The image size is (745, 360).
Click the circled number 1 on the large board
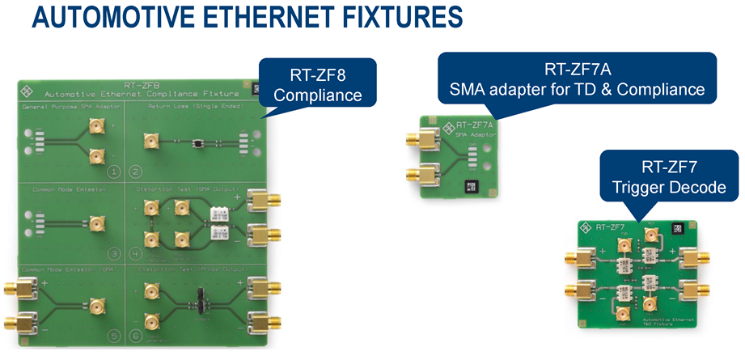click(x=114, y=171)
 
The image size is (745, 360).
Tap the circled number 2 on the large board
click(x=136, y=171)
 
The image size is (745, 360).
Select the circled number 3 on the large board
click(x=114, y=252)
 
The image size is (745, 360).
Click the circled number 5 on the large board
click(x=114, y=333)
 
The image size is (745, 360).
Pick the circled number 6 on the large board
click(x=136, y=333)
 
